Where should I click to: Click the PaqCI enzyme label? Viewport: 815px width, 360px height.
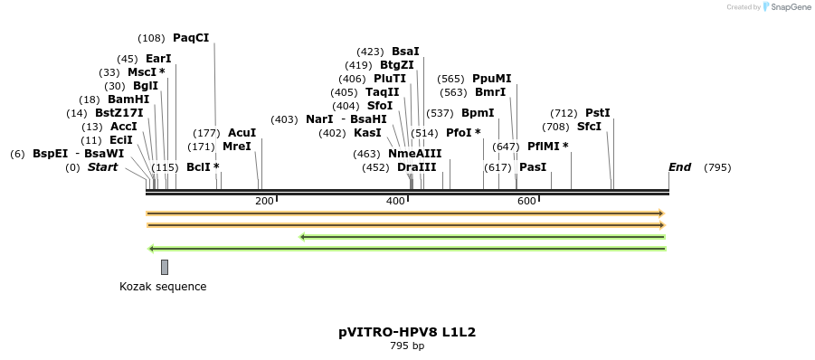click(190, 38)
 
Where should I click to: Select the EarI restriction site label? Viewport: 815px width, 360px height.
click(158, 59)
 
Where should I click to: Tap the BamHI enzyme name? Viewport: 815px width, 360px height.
click(128, 99)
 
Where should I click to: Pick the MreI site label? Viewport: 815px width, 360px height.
click(236, 147)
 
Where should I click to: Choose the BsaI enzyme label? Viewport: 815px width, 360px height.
click(405, 52)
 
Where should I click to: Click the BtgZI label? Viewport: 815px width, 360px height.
click(396, 65)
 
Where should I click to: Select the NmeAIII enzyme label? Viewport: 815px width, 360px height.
click(414, 154)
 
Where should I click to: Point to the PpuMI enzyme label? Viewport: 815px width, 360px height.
click(491, 79)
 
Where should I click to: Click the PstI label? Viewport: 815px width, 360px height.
click(597, 113)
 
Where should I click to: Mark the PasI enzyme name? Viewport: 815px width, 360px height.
click(533, 167)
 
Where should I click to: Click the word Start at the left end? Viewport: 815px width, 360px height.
click(102, 167)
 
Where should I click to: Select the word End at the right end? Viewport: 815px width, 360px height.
click(679, 167)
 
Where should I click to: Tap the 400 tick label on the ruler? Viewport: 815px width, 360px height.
click(395, 201)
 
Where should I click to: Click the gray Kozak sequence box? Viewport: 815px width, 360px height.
click(165, 267)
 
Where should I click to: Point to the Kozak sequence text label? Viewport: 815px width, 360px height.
click(163, 287)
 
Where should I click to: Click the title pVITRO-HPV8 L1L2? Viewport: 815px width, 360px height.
click(407, 332)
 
